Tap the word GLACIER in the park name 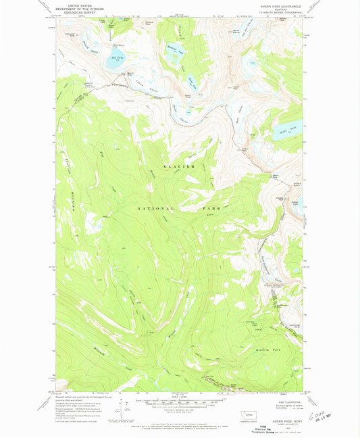pos(180,166)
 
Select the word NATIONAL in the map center pos(156,209)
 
